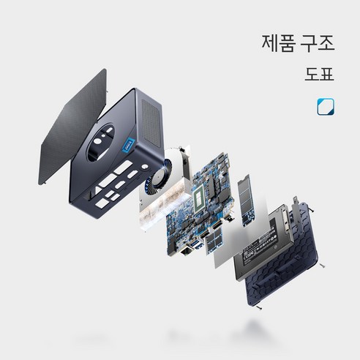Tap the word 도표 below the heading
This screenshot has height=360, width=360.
[319, 74]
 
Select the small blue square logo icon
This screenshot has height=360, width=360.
[326, 107]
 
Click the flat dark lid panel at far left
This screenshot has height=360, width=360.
[73, 127]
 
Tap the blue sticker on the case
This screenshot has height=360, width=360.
[129, 146]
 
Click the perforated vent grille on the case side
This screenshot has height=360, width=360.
[151, 124]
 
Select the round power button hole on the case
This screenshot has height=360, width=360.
[145, 167]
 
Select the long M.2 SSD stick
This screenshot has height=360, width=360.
[247, 200]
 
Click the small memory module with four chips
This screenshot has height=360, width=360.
[214, 241]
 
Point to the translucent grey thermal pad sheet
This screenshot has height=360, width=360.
[240, 240]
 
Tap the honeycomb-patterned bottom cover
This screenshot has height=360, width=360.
[283, 258]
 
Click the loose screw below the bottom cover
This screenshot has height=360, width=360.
[258, 308]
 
